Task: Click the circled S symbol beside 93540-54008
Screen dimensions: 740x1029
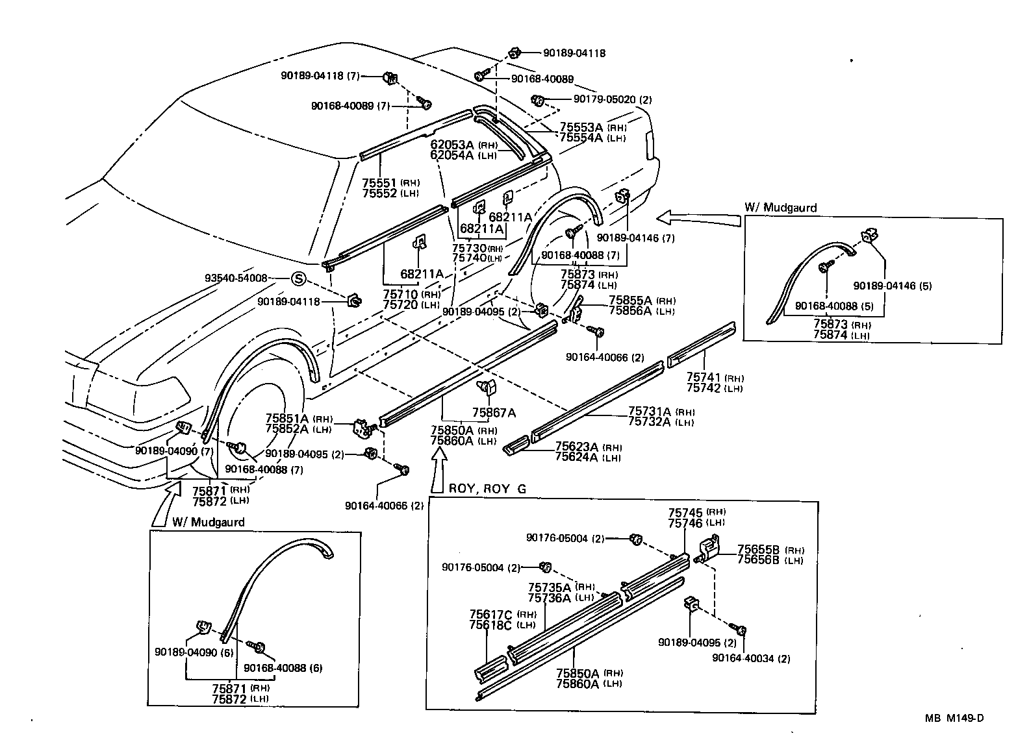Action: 297,278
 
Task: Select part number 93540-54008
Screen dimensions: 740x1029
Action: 236,278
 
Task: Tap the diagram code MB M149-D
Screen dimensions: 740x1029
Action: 954,718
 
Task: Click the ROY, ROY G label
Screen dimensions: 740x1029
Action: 487,488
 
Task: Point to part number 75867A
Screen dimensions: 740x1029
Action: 494,412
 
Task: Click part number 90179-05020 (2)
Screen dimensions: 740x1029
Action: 612,100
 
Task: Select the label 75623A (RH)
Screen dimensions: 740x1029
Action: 587,447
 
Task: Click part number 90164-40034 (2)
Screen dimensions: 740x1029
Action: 751,658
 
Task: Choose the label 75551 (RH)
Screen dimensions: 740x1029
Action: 390,183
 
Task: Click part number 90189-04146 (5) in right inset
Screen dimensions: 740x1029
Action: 892,286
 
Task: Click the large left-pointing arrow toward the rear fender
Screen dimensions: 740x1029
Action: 698,217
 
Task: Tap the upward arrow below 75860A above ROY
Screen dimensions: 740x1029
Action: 440,471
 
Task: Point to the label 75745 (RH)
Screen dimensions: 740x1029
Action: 697,512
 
